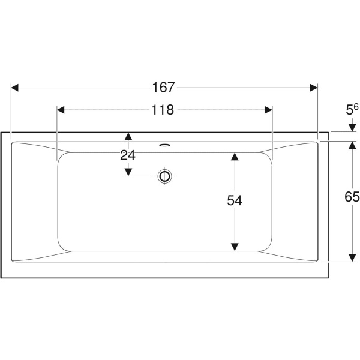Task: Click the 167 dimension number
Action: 164,88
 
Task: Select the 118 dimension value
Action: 163,110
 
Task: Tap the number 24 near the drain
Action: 128,155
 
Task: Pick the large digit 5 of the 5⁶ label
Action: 349,110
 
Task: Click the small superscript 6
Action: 356,107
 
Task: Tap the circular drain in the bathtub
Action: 164,176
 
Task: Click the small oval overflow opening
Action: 164,145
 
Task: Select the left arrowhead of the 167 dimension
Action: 14,88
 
